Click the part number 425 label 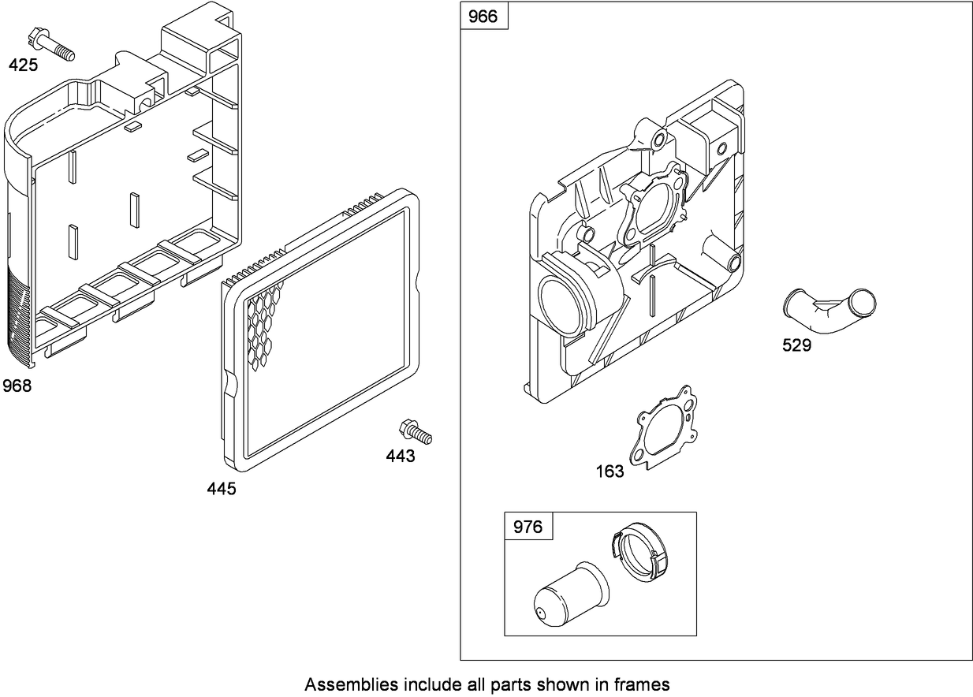[x=23, y=65]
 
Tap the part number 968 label [x=17, y=386]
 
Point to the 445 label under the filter [x=221, y=489]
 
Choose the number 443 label [x=401, y=456]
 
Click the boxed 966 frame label [x=483, y=17]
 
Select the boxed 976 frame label [x=528, y=526]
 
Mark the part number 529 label [x=796, y=345]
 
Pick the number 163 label [x=610, y=471]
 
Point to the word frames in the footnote [x=643, y=684]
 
